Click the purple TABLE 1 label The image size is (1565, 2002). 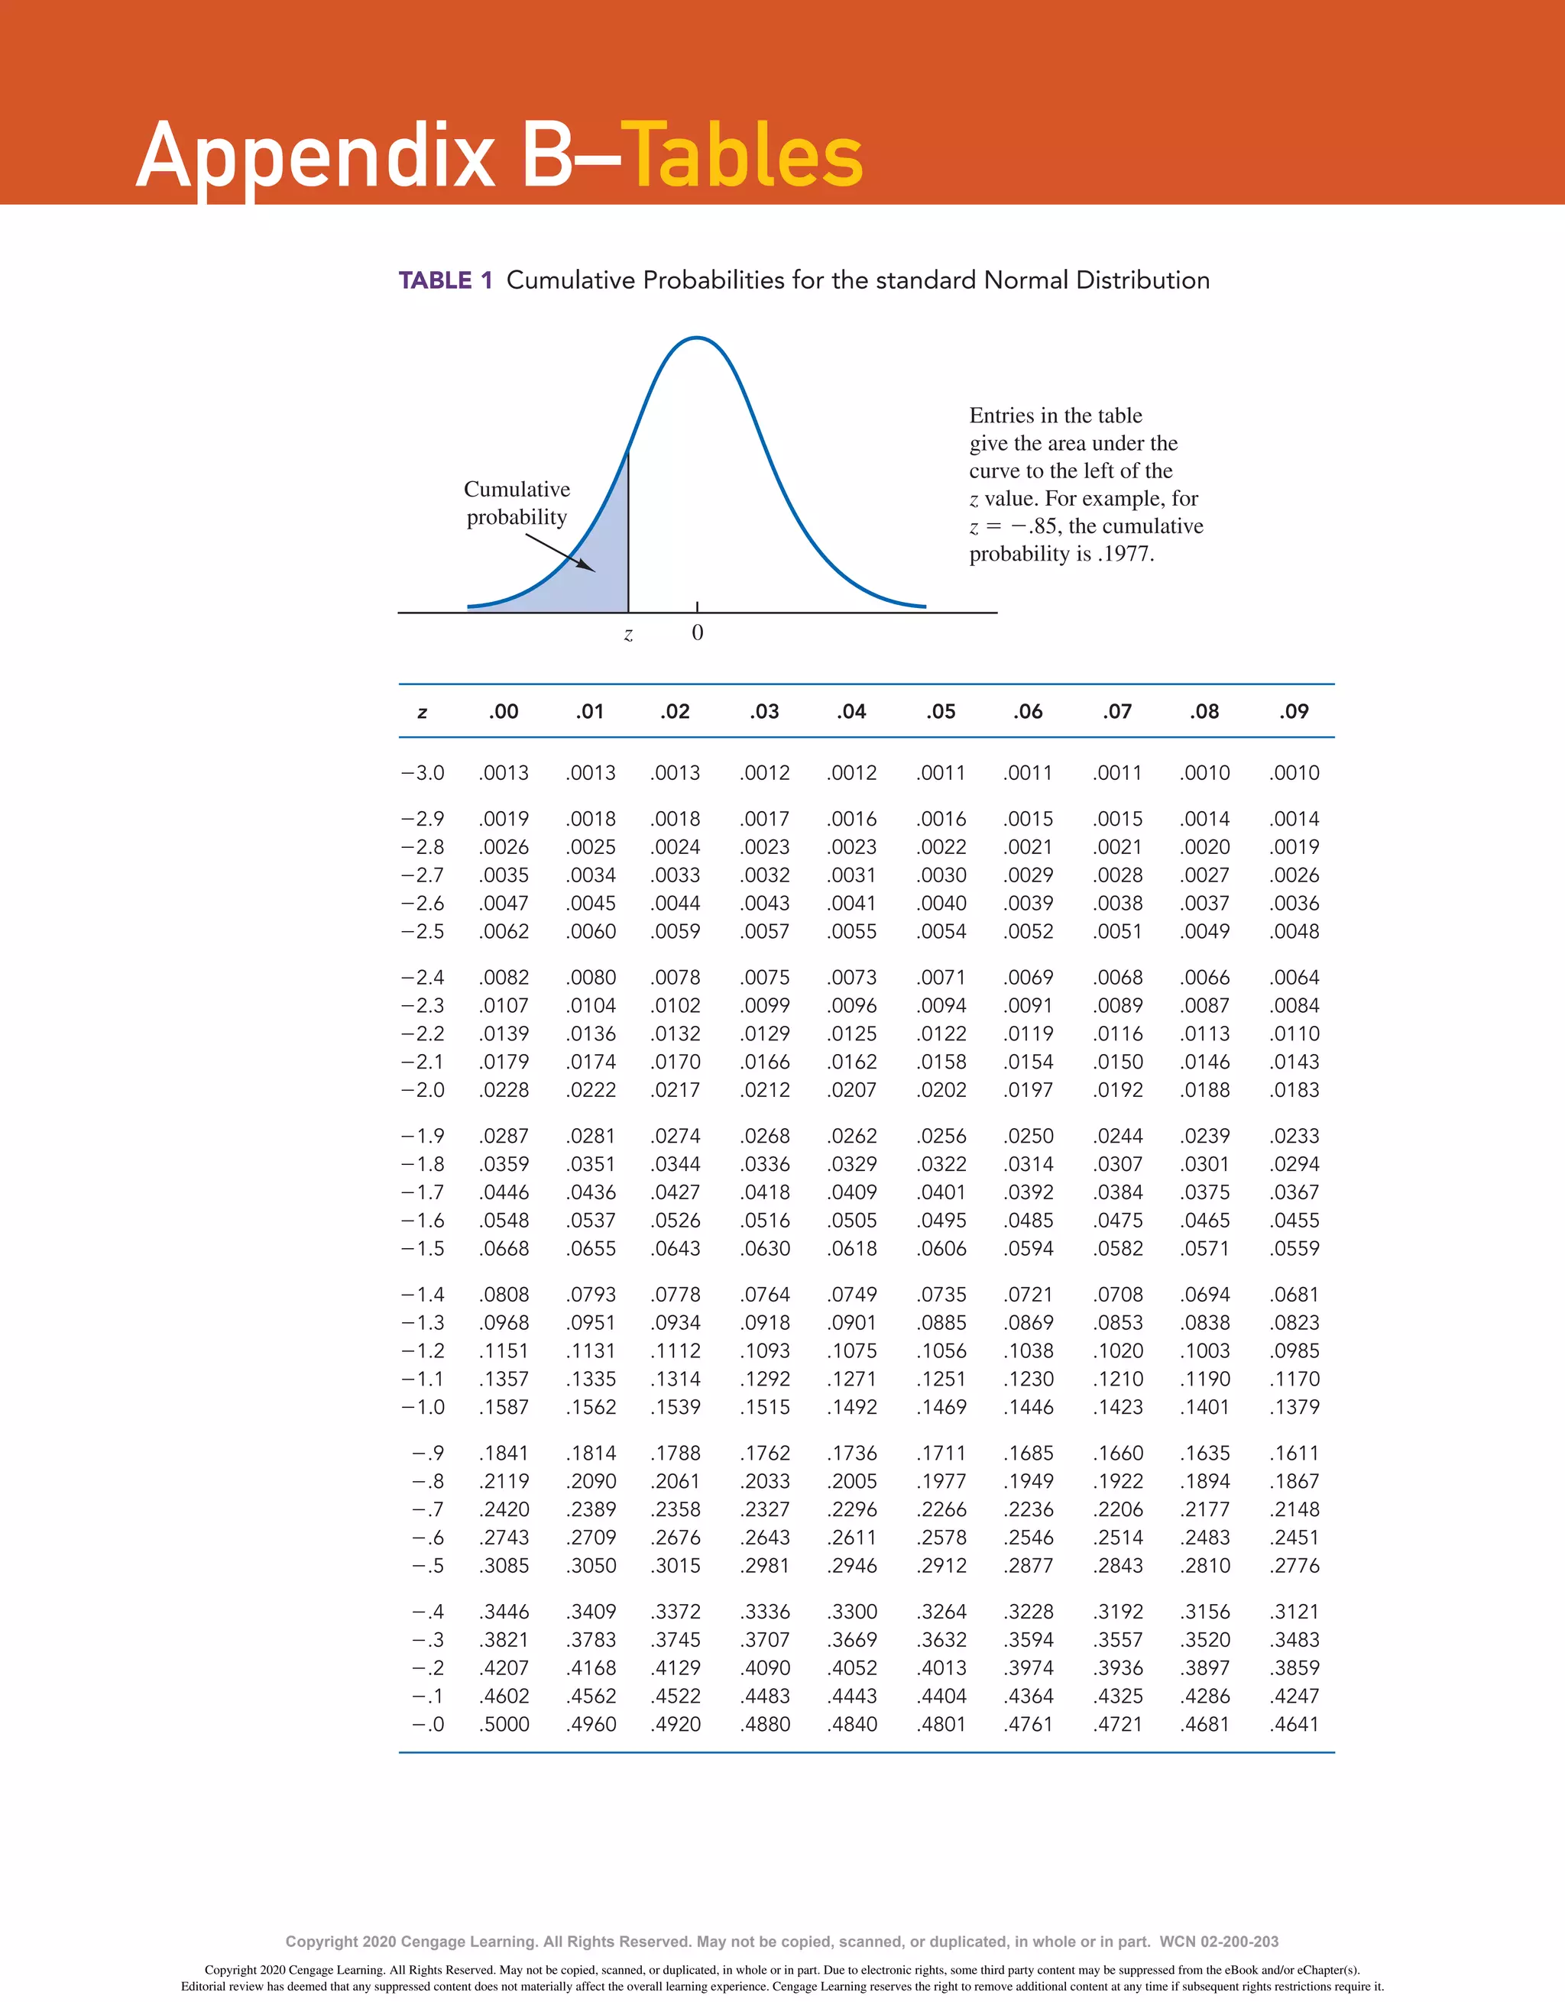(x=446, y=280)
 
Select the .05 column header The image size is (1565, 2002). (x=941, y=711)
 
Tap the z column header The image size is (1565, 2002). (x=422, y=712)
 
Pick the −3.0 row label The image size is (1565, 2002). (x=423, y=773)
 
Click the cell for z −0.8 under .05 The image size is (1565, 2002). (x=941, y=1481)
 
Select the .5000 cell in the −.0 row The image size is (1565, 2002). (x=504, y=1724)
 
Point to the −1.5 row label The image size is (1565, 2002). (x=423, y=1249)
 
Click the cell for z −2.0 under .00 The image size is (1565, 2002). (x=504, y=1090)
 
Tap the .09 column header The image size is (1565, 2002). (x=1294, y=711)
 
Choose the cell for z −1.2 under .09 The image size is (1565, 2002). (x=1294, y=1351)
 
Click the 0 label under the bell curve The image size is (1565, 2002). (x=697, y=632)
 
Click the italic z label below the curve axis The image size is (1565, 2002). (x=628, y=634)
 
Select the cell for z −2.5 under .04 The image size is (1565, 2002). (x=853, y=931)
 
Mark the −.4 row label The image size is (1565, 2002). (x=427, y=1612)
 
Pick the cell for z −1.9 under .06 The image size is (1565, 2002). (x=1029, y=1136)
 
